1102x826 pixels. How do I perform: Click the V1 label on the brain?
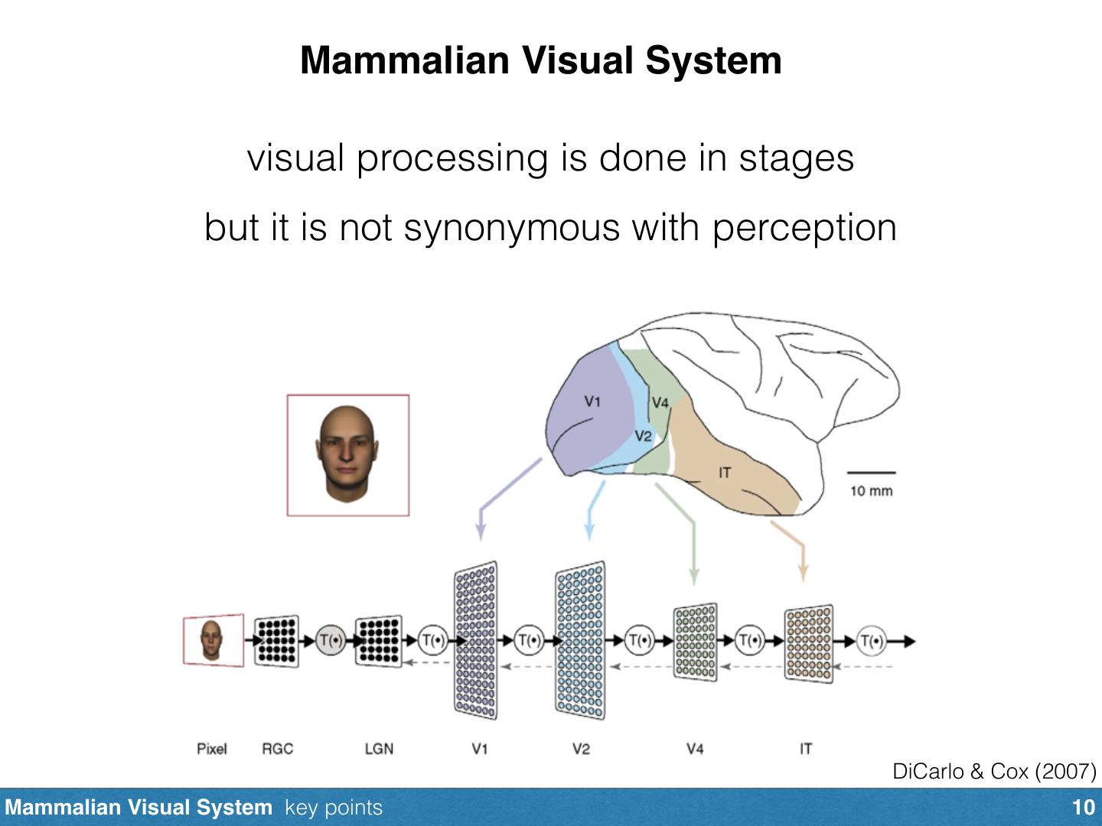(592, 402)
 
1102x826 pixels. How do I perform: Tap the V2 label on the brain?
(643, 436)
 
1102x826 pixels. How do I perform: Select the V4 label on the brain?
(660, 403)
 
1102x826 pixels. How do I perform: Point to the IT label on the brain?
(724, 473)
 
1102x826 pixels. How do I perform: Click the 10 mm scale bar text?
(871, 491)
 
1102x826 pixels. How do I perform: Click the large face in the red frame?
(347, 454)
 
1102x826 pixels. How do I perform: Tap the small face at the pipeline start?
(211, 640)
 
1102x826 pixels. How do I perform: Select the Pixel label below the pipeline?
(211, 749)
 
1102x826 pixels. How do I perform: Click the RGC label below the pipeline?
(277, 749)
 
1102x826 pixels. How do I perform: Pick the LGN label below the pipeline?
(379, 749)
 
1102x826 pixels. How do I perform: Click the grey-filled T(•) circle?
(331, 640)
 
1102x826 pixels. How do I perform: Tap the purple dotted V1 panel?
(475, 641)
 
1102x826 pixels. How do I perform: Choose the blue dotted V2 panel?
(579, 641)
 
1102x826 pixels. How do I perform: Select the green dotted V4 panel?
(695, 642)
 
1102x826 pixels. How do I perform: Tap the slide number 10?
(1084, 808)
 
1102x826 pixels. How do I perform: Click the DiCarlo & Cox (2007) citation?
(994, 772)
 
